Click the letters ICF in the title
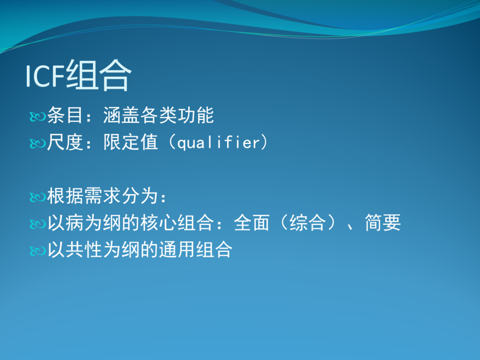point(45,76)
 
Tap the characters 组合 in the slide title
point(99,75)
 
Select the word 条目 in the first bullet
point(65,116)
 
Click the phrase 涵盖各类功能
point(159,116)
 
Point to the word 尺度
point(65,142)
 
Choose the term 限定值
point(131,142)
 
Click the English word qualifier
point(219,143)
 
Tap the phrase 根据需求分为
point(102,195)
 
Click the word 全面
point(252,223)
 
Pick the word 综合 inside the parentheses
point(308,223)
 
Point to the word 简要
point(383,223)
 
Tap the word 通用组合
point(195,249)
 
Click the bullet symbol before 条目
point(37,117)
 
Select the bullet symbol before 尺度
point(37,143)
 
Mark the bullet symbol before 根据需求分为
point(37,197)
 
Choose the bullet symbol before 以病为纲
point(37,224)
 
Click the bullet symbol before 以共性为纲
point(37,251)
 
